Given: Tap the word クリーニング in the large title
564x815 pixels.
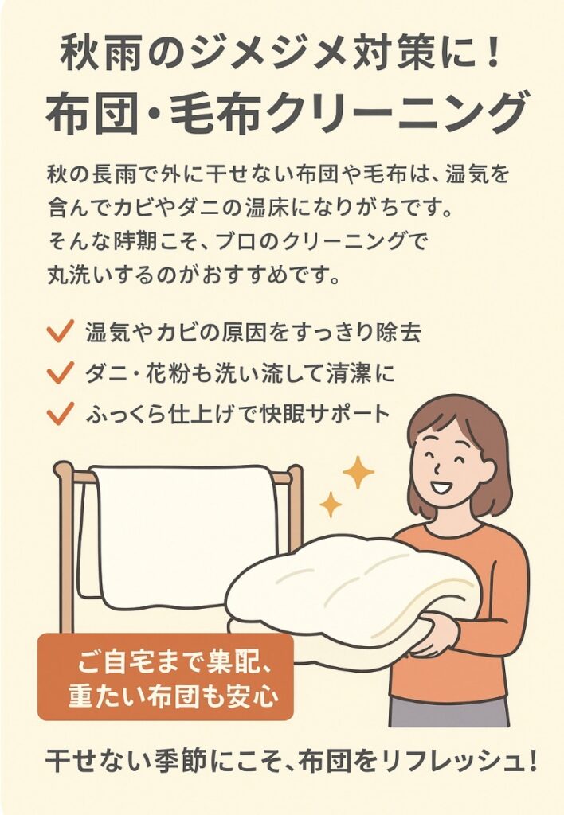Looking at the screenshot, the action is coord(398,113).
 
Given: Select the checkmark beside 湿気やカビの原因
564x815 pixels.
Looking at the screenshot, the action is coord(60,331).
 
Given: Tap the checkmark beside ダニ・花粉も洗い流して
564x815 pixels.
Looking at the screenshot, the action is coord(60,372).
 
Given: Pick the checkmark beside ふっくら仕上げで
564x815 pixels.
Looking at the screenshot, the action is coord(60,413).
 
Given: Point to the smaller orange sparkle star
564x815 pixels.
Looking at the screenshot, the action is coord(330,504).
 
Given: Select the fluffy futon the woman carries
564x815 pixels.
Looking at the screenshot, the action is coord(349,598).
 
